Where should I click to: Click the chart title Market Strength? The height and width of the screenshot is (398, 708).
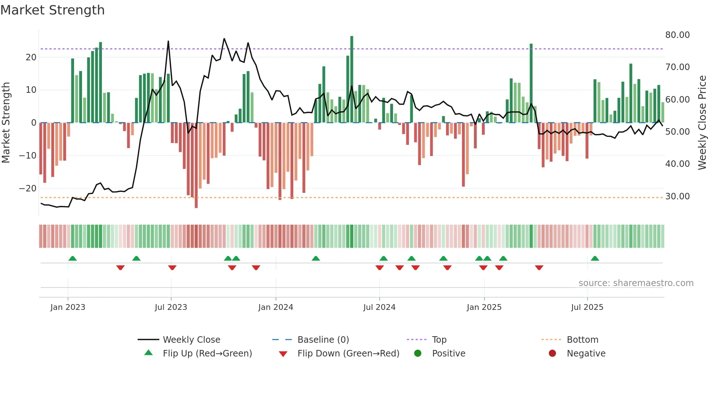click(x=52, y=10)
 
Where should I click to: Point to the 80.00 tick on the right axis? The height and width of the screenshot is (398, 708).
click(x=677, y=35)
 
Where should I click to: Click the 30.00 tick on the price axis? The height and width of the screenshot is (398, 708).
click(x=677, y=196)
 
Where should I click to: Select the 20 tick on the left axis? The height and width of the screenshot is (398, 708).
click(x=31, y=57)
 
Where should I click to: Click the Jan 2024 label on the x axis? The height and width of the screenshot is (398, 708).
click(x=276, y=307)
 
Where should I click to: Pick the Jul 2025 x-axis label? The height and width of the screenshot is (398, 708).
click(x=587, y=307)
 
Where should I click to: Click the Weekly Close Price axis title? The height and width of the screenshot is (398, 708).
click(x=702, y=123)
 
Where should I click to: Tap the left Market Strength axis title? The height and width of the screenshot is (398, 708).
click(x=6, y=123)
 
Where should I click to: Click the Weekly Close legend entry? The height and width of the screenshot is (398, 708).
click(x=191, y=340)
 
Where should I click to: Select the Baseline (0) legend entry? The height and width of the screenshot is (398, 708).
click(x=323, y=340)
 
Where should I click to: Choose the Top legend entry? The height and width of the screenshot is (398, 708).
click(x=439, y=340)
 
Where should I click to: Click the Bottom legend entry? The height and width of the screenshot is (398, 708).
click(x=582, y=340)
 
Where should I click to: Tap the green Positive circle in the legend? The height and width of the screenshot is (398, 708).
click(x=418, y=354)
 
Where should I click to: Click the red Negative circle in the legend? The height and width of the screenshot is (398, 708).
click(x=552, y=354)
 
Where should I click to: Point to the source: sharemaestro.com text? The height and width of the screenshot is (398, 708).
click(x=636, y=283)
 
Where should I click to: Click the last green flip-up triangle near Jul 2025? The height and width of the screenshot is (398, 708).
click(x=595, y=258)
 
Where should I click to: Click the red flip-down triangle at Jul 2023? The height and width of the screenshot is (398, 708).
click(x=172, y=268)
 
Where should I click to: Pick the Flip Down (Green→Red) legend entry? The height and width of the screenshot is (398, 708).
click(x=348, y=354)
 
